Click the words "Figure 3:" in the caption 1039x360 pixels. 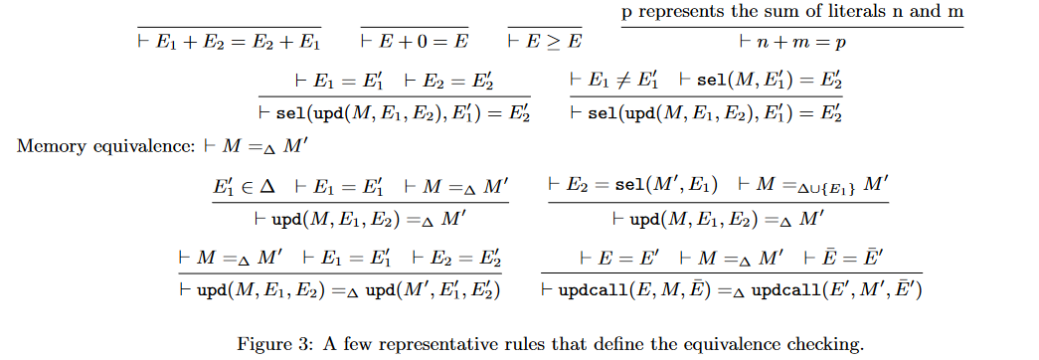click(x=270, y=345)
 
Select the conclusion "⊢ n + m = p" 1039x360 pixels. click(x=792, y=44)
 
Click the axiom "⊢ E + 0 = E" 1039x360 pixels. click(x=414, y=43)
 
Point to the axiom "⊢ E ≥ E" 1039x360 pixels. click(x=544, y=43)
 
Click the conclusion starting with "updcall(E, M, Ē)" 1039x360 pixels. click(x=733, y=290)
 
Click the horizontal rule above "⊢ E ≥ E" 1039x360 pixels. click(x=545, y=27)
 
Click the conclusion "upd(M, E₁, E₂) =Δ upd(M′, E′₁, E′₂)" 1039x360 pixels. click(x=340, y=290)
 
